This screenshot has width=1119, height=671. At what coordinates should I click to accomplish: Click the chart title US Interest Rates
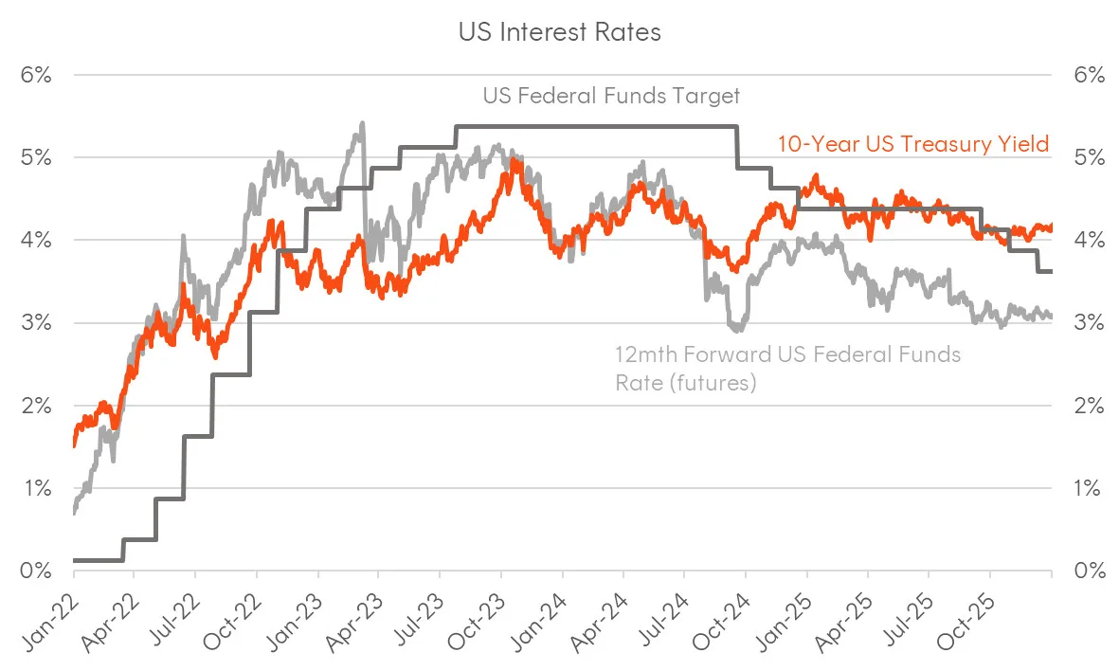[x=559, y=32]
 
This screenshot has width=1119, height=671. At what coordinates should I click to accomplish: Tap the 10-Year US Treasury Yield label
[x=913, y=145]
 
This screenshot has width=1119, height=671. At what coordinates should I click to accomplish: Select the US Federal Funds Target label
[x=611, y=96]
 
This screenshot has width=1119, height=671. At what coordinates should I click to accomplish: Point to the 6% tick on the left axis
[x=35, y=75]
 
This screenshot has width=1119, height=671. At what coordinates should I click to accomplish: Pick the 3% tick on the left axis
[x=35, y=323]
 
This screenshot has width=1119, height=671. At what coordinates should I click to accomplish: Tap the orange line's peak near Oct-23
[x=512, y=160]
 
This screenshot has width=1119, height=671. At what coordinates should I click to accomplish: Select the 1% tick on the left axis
[x=35, y=489]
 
